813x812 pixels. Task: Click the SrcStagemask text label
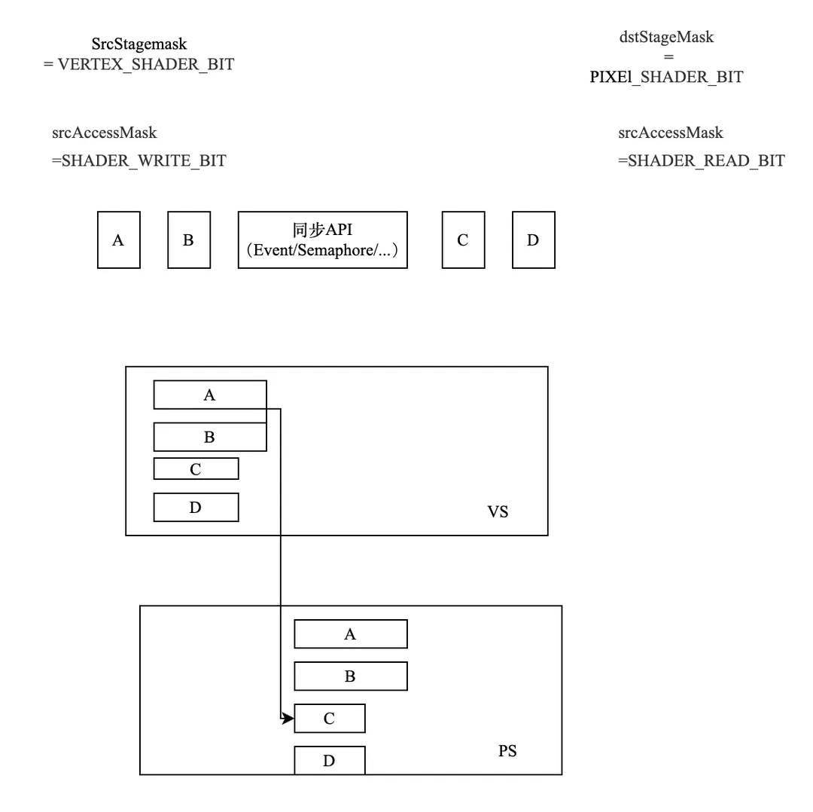[139, 44]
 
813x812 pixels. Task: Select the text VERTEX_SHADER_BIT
[145, 65]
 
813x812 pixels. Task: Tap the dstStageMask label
[666, 37]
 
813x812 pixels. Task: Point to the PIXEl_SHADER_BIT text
[666, 77]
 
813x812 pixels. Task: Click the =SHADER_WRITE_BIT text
[139, 160]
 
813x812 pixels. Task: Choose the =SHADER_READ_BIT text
[702, 160]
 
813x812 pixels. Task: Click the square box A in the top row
[118, 240]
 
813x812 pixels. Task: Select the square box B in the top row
[188, 240]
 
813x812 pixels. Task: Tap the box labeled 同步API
[322, 240]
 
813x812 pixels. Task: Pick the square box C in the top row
[462, 240]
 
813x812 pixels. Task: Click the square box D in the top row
[533, 240]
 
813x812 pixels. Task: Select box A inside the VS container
[209, 395]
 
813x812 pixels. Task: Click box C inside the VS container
[196, 469]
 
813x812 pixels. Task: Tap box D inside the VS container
[196, 507]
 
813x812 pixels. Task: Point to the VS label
[498, 512]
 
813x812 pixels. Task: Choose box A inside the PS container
[350, 634]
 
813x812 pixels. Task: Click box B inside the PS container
[350, 676]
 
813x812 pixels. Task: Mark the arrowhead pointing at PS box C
[288, 719]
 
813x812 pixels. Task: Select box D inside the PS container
[329, 760]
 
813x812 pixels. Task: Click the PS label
[507, 751]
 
